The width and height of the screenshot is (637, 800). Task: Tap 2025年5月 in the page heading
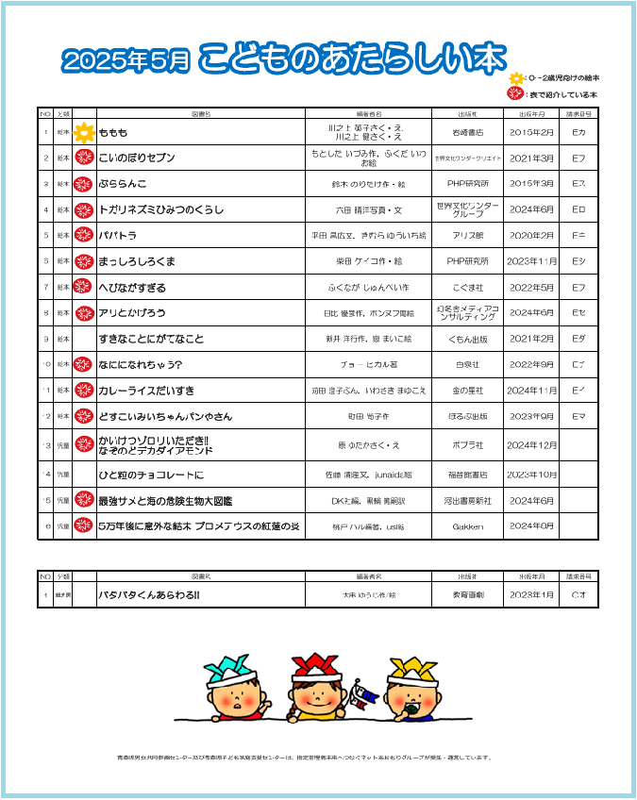pyautogui.click(x=126, y=62)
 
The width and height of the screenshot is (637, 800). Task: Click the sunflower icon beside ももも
pyautogui.click(x=84, y=132)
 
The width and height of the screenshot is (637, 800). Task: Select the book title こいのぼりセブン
pyautogui.click(x=137, y=158)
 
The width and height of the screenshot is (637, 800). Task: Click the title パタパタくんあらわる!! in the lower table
pyautogui.click(x=149, y=595)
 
